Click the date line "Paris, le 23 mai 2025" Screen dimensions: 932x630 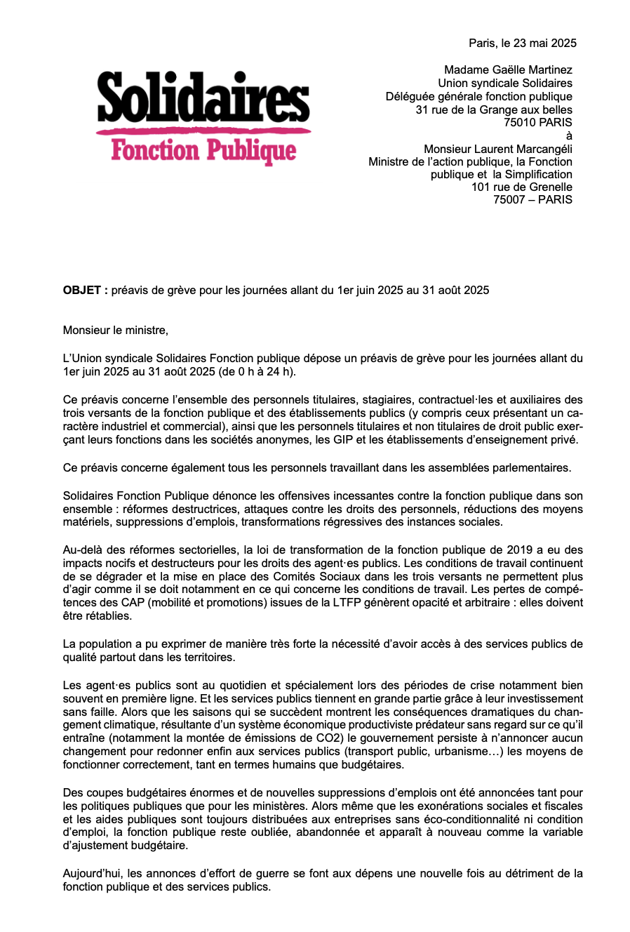click(x=523, y=43)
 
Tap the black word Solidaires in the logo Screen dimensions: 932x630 click(x=203, y=97)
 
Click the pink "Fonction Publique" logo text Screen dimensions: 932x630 click(x=203, y=150)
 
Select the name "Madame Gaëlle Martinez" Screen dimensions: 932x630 click(x=508, y=70)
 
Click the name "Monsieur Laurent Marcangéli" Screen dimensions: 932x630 click(x=498, y=149)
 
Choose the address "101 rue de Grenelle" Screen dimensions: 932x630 click(x=521, y=187)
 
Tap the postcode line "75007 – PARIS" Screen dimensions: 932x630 click(x=532, y=199)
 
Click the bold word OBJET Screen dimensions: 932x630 click(x=82, y=290)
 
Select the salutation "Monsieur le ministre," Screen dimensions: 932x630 click(x=116, y=330)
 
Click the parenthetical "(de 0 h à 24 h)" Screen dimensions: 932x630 click(x=257, y=371)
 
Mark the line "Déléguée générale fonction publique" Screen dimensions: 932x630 click(x=478, y=96)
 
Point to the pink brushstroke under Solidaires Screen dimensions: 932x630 click(x=203, y=130)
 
